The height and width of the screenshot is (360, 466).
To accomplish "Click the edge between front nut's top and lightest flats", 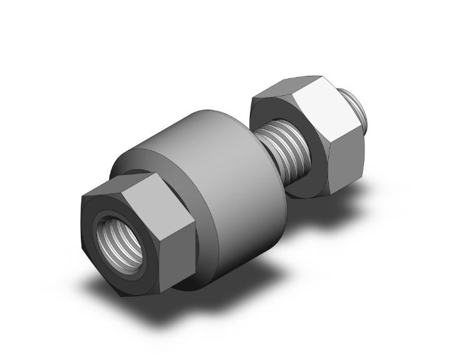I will (150, 182).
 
